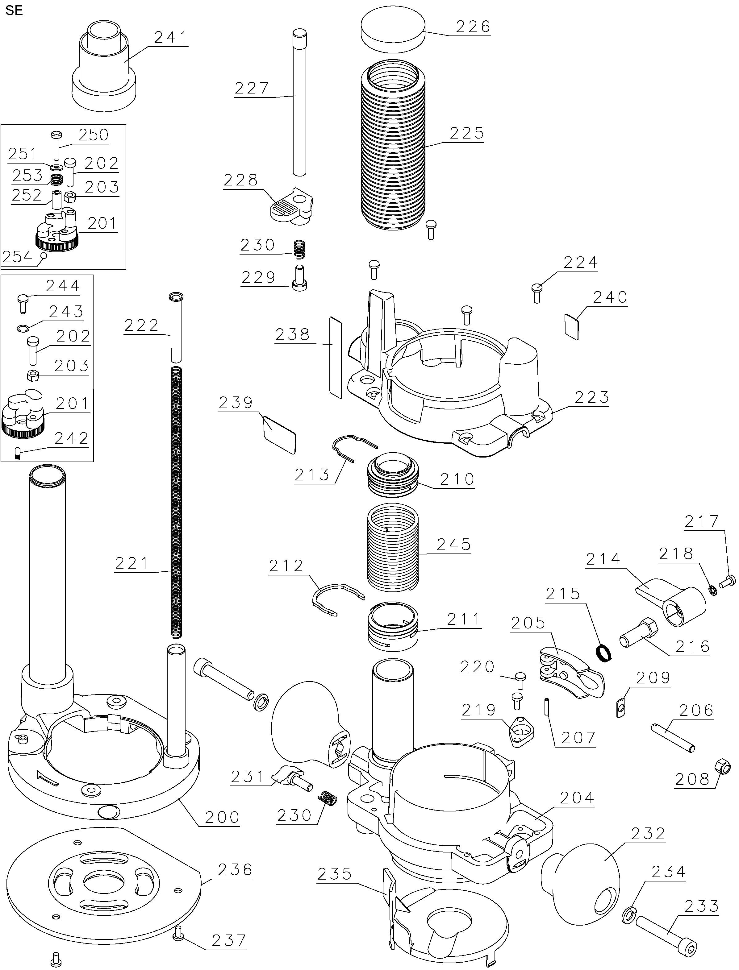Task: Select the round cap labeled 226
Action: [393, 34]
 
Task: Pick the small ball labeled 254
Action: [44, 255]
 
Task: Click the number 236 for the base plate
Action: [235, 869]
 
